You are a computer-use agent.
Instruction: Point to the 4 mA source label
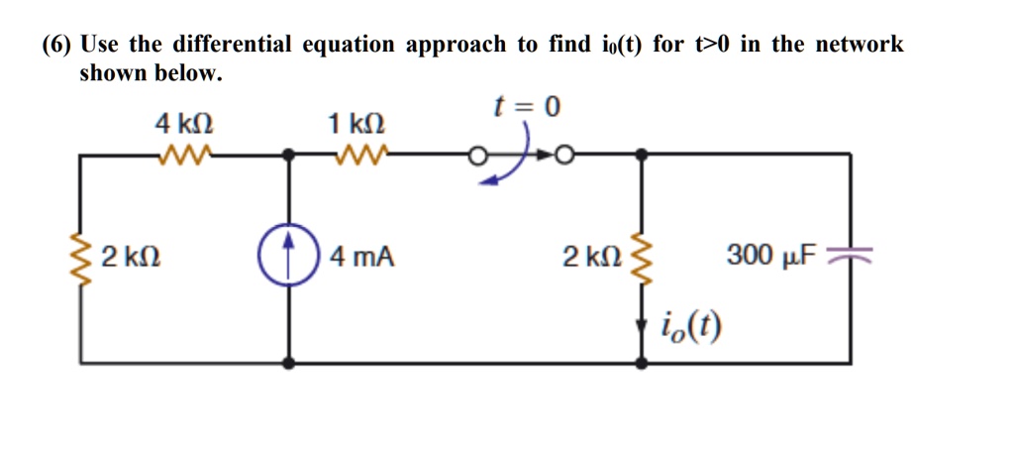[362, 258]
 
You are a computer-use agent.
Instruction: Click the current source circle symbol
[289, 258]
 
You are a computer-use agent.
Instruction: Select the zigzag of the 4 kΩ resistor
[184, 154]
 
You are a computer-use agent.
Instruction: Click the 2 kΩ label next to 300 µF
[591, 258]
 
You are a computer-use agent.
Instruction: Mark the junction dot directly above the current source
[289, 154]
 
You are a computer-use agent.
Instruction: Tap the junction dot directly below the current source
[289, 364]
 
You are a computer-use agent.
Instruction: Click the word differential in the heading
[233, 45]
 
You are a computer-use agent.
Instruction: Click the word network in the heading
[859, 45]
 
